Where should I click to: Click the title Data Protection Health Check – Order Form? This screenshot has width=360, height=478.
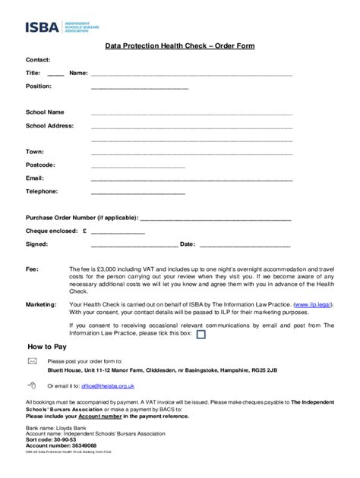[x=179, y=46]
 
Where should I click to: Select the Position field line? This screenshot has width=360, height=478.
[x=139, y=89]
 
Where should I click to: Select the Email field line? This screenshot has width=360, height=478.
[x=191, y=179]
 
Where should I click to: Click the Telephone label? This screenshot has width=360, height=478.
[x=42, y=191]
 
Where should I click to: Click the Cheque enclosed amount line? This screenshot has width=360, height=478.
[x=118, y=232]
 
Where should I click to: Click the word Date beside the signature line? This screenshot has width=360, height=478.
[x=187, y=245]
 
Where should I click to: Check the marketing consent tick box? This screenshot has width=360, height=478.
[x=201, y=333]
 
